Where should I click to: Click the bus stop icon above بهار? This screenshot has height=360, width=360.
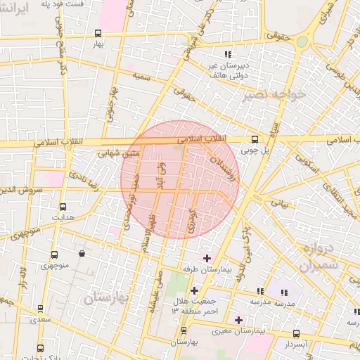point(98,32)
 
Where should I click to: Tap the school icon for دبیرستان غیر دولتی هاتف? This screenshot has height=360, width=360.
point(226,54)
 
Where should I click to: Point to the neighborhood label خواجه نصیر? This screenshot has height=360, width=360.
point(274,94)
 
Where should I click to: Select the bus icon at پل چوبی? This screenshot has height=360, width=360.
point(255,139)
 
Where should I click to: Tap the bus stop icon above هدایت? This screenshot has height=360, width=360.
point(63,207)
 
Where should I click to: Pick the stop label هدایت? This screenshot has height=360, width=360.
point(62,217)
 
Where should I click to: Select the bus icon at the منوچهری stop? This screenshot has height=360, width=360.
point(53,255)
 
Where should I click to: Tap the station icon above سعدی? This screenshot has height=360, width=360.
point(40,309)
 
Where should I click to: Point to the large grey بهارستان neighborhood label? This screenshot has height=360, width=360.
point(108,297)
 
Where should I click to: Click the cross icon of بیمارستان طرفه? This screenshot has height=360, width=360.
point(206,258)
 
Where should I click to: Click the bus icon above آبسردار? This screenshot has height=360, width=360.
point(296,333)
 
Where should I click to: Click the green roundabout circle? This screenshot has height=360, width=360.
point(302,41)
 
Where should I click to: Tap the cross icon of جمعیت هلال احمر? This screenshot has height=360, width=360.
point(194,290)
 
